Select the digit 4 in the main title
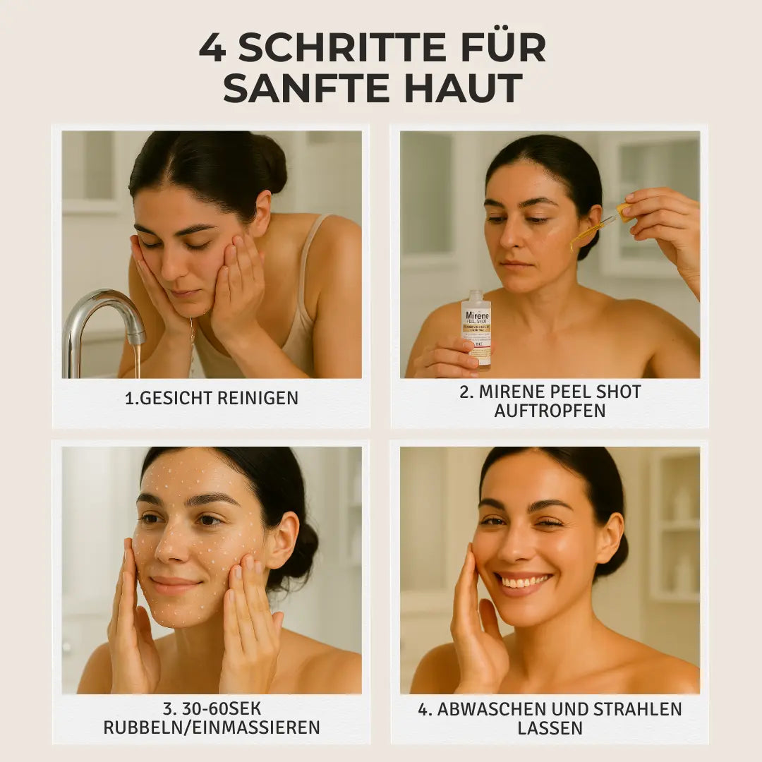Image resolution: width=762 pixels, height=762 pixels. (x=212, y=48)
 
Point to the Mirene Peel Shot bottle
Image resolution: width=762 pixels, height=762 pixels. (x=476, y=329)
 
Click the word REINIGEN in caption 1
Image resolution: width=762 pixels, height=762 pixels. (x=258, y=398)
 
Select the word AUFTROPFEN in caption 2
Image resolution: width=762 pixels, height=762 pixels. (x=550, y=411)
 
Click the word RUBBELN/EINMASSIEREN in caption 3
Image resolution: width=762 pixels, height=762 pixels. (x=212, y=727)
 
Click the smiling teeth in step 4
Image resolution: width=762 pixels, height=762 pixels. (x=523, y=582)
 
